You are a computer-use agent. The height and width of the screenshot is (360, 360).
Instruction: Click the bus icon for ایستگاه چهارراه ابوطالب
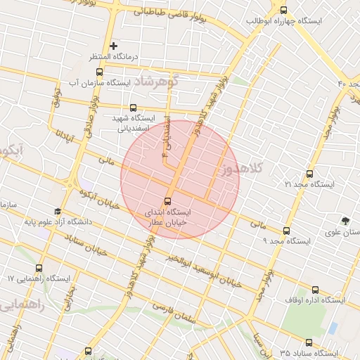(x=283, y=11)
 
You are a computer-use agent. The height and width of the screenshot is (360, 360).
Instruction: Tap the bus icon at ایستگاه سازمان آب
(x=98, y=72)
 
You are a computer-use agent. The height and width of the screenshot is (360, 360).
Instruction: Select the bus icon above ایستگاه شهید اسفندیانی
(x=134, y=108)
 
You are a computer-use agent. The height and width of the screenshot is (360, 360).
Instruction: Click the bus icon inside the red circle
(x=169, y=200)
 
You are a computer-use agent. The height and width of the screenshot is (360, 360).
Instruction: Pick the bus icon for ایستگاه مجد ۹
(x=286, y=231)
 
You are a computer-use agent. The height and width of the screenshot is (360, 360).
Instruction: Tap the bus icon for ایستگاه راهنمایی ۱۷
(x=39, y=268)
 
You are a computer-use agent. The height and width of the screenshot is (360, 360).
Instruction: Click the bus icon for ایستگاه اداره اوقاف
(x=314, y=289)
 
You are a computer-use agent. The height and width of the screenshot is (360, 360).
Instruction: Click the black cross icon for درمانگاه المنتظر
(x=113, y=46)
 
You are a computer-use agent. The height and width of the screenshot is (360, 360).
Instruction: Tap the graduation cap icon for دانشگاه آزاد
(x=58, y=211)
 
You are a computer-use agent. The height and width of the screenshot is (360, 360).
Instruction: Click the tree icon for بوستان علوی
(x=345, y=221)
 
